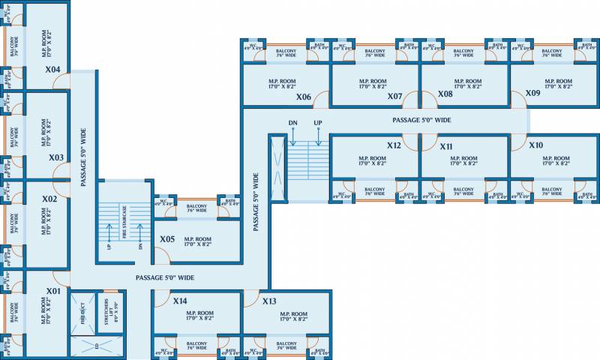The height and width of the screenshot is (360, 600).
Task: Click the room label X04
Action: [52, 70]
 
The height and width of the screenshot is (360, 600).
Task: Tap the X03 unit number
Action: [55, 157]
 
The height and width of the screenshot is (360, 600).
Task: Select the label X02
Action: [49, 199]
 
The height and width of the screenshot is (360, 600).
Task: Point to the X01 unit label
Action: [52, 290]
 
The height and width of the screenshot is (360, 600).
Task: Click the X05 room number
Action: [167, 240]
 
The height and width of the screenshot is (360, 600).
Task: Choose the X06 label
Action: [303, 97]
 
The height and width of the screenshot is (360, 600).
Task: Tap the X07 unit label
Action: [394, 96]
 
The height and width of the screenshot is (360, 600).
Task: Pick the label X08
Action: [445, 94]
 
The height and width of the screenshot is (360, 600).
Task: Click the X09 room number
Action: [532, 92]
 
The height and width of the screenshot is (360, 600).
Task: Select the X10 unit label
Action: [535, 145]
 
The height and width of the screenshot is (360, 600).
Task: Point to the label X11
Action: [446, 146]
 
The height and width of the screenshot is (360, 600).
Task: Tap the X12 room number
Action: [394, 145]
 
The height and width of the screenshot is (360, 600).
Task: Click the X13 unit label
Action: [269, 301]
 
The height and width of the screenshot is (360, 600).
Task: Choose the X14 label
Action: [180, 301]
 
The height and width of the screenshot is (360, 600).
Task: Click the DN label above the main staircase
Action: [292, 122]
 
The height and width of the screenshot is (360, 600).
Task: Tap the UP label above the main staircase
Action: [318, 122]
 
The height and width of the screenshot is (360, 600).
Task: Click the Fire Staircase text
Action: [124, 225]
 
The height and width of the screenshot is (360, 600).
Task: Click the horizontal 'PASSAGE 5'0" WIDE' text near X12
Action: [421, 120]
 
